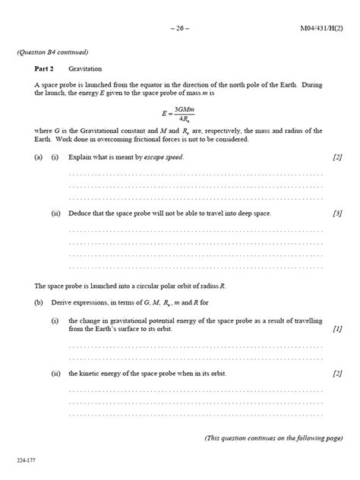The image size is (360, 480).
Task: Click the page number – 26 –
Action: click(x=180, y=29)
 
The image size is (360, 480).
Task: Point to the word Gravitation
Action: click(x=96, y=68)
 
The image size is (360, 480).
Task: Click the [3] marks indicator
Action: click(x=337, y=213)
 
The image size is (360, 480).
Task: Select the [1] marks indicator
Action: click(x=337, y=329)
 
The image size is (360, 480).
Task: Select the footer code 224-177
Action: click(x=26, y=461)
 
